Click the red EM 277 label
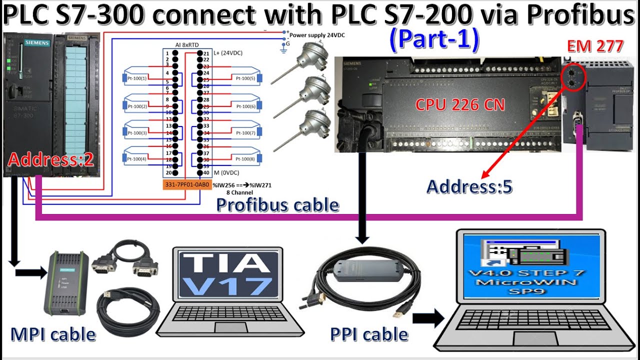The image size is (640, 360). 595,46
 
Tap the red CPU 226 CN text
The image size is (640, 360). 460,104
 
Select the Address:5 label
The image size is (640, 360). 469,186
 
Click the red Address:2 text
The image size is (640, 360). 51,160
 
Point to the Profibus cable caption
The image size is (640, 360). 277,204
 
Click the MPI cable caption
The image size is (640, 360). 53,334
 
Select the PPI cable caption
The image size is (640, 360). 369,334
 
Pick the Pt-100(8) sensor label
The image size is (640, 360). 245,159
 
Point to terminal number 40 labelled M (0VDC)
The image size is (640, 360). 205,173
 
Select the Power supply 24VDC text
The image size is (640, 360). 317,35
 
